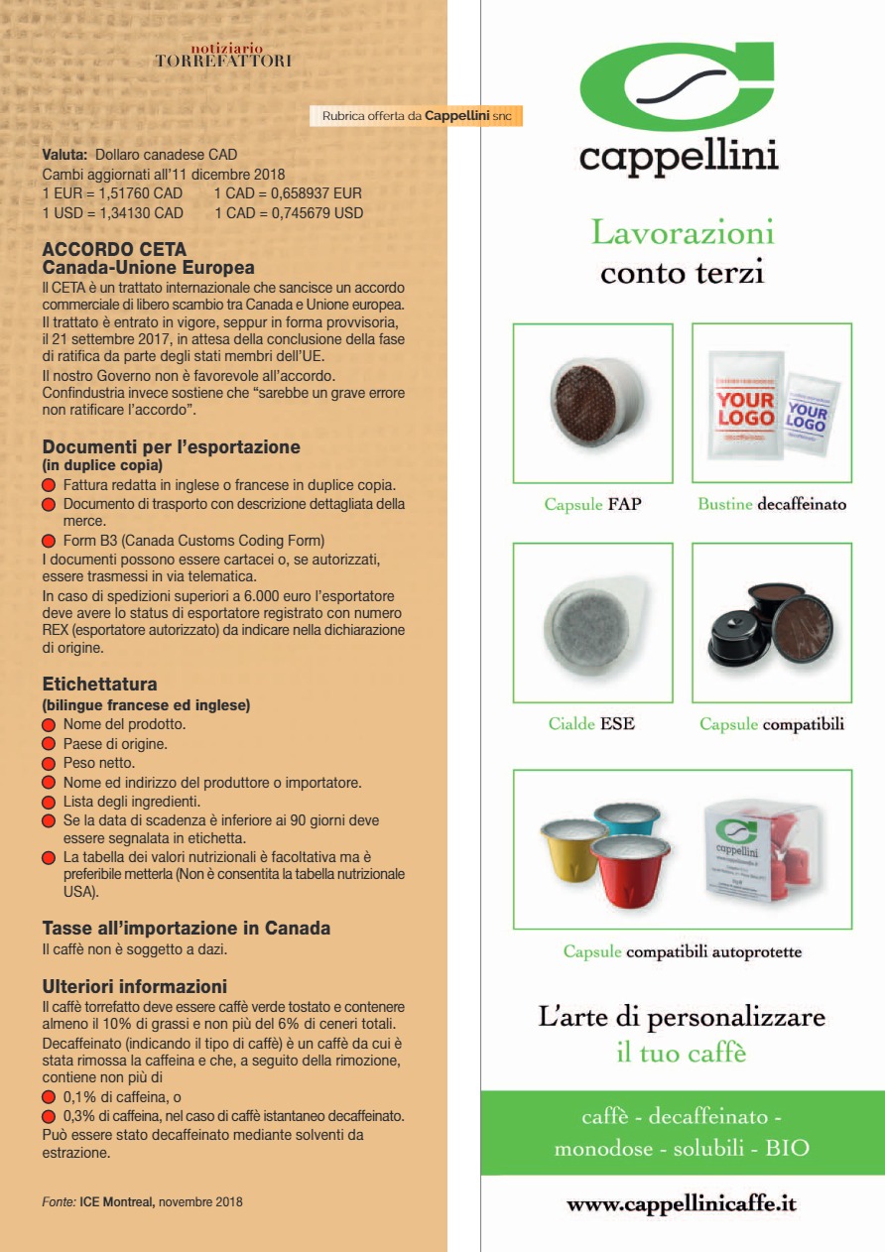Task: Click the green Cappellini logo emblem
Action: pyautogui.click(x=677, y=86)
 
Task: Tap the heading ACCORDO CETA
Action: pyautogui.click(x=114, y=250)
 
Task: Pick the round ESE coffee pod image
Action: pyautogui.click(x=592, y=622)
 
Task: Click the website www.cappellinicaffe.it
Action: pyautogui.click(x=682, y=1204)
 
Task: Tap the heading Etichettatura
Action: pyautogui.click(x=99, y=685)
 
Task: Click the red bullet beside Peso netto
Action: pyautogui.click(x=48, y=764)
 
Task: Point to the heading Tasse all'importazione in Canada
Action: pyautogui.click(x=186, y=930)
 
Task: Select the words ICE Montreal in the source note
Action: pyautogui.click(x=117, y=1202)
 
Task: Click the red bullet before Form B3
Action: pyautogui.click(x=48, y=542)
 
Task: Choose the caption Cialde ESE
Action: pyautogui.click(x=591, y=724)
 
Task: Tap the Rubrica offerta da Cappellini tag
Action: pyautogui.click(x=418, y=116)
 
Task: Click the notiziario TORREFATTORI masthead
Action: pyautogui.click(x=223, y=56)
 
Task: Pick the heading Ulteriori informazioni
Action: pyautogui.click(x=134, y=987)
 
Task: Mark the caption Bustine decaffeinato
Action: pyautogui.click(x=771, y=505)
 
